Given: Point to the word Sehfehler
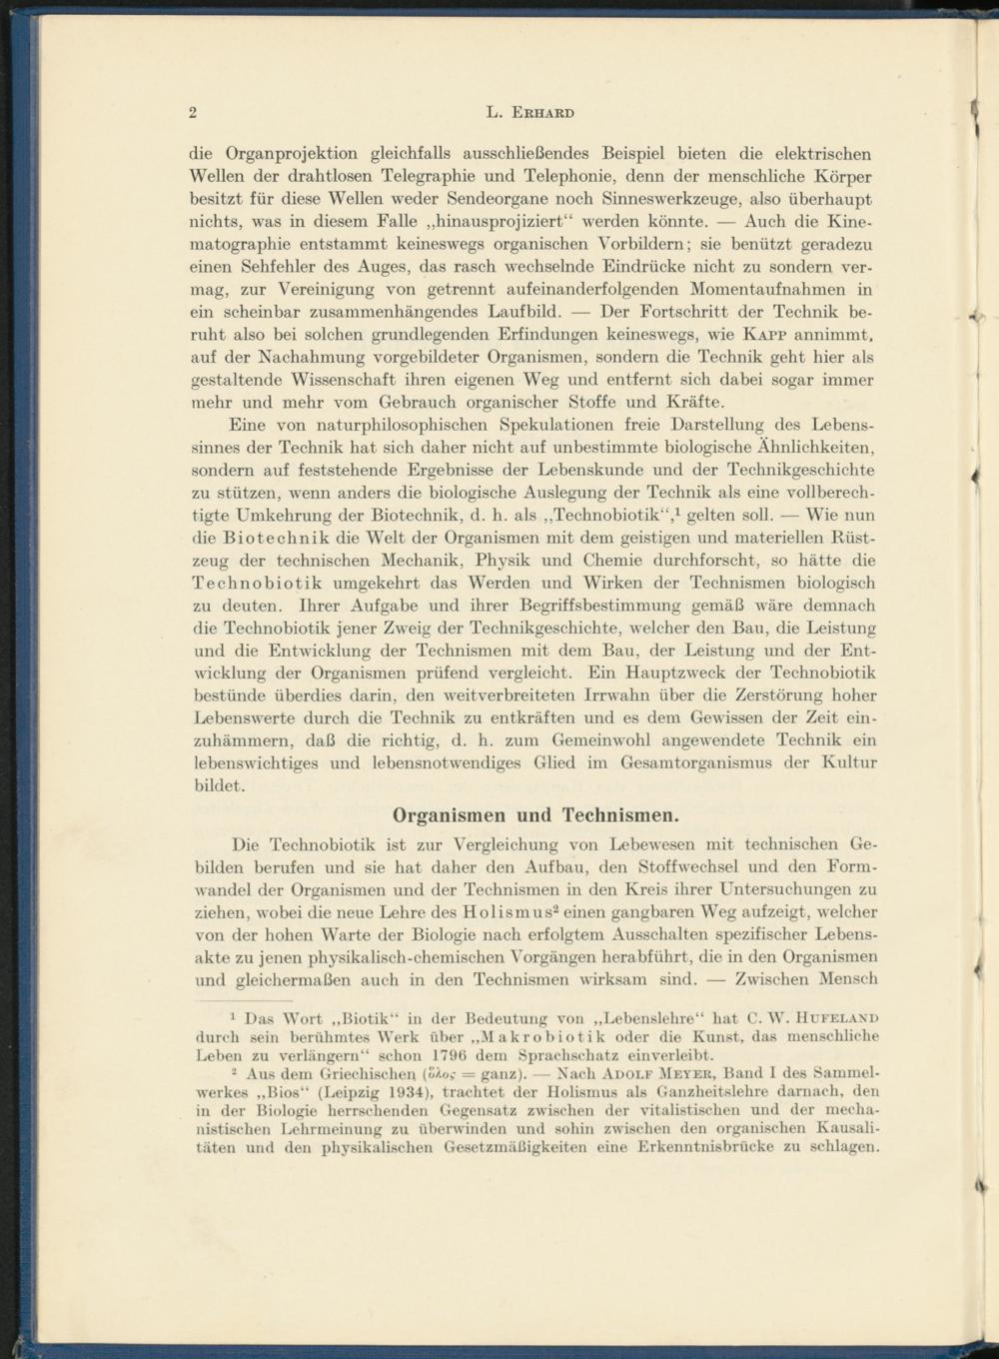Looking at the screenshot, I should click(270, 268).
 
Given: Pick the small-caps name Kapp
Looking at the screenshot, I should click(762, 335).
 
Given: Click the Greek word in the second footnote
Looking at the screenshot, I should click(440, 1074).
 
